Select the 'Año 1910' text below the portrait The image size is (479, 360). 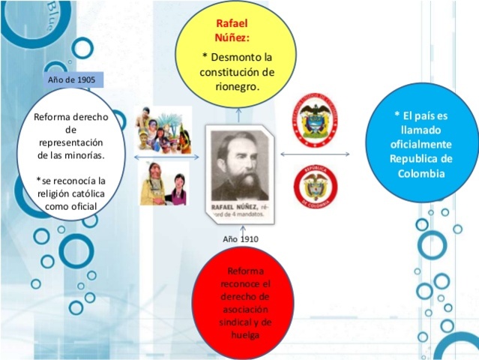[241, 238]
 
